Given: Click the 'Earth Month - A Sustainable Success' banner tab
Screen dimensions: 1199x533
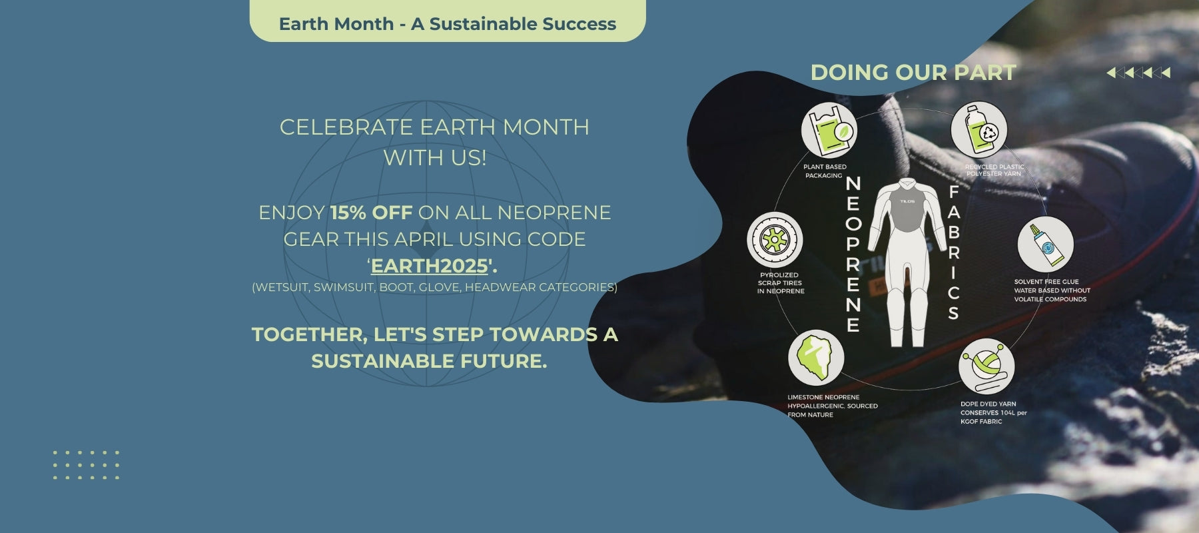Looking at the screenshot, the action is point(448,21).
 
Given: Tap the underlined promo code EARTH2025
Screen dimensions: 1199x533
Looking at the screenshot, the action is point(430,266).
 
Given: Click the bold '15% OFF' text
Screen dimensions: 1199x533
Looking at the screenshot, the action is point(371,213).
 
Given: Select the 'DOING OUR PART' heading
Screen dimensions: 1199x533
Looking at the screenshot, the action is point(913,72).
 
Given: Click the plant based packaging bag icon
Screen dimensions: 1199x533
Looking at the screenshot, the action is point(829,131).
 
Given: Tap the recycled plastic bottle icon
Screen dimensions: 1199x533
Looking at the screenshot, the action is point(979,130).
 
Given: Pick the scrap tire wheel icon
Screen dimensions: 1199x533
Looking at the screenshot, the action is point(775,240).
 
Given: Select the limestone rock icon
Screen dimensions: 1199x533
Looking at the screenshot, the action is point(816,358).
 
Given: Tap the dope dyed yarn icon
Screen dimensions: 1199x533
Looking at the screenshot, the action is point(987,366).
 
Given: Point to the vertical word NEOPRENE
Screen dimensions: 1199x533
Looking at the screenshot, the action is point(853,254).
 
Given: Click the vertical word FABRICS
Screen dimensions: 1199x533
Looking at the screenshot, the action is point(953,253).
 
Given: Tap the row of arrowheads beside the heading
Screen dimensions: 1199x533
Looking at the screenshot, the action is point(1138,73).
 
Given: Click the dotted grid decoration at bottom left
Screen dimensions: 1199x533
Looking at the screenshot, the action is point(86,465).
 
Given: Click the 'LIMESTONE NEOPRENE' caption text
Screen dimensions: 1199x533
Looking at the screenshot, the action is point(823,398).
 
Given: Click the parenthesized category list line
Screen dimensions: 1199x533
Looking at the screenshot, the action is point(434,287).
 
